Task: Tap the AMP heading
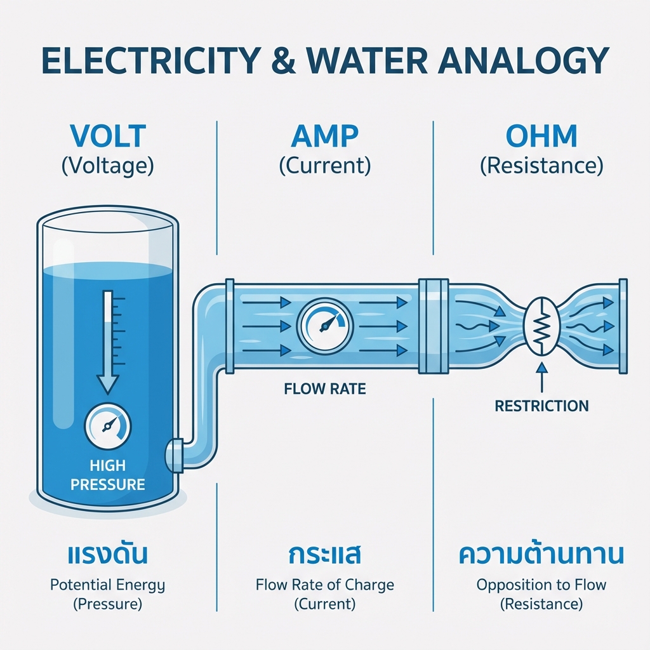(x=324, y=136)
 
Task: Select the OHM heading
(x=541, y=136)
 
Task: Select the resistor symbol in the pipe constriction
(x=540, y=328)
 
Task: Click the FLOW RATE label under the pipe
(x=325, y=388)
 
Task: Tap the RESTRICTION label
(x=541, y=406)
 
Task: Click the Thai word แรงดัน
(x=107, y=555)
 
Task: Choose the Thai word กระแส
(x=324, y=555)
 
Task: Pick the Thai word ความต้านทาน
(x=541, y=555)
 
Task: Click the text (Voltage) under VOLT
(x=107, y=166)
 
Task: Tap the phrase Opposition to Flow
(x=541, y=585)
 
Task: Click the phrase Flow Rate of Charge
(x=324, y=585)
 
